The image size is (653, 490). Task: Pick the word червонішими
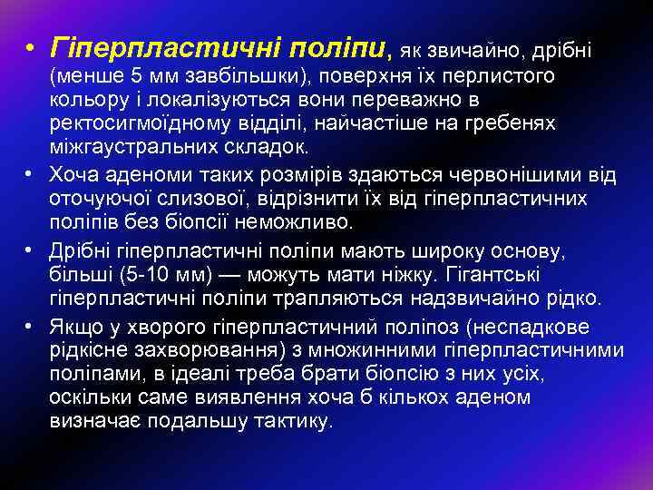[x=513, y=174]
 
